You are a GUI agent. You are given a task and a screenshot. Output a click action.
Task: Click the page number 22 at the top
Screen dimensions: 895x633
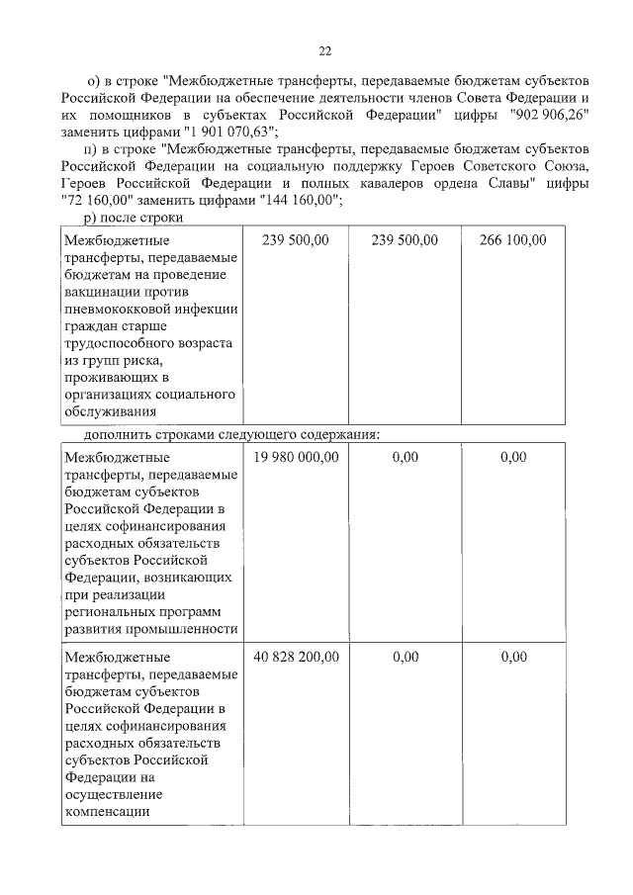tap(324, 51)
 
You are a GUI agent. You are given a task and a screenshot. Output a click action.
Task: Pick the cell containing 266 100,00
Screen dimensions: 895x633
tap(512, 240)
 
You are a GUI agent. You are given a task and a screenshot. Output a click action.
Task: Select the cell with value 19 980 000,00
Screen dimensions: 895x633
tap(297, 457)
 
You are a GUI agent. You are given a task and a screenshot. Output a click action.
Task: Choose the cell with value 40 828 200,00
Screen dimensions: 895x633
tap(297, 656)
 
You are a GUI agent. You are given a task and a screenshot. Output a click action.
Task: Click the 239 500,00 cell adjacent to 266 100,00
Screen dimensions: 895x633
tap(406, 240)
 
